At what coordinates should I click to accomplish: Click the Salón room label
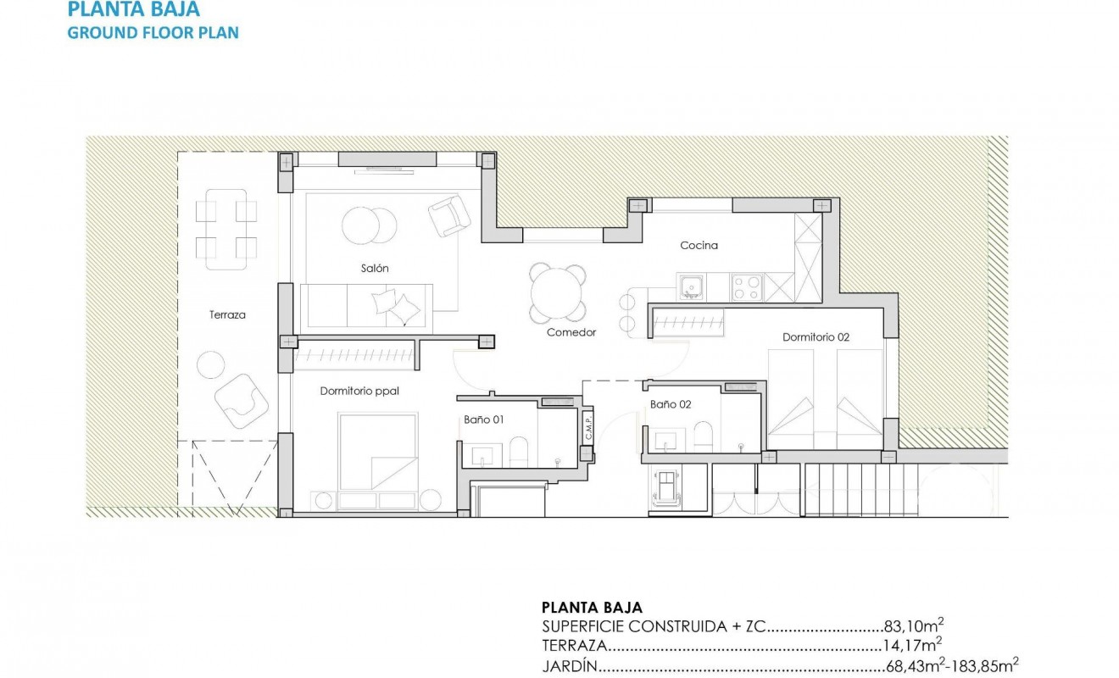click(375, 268)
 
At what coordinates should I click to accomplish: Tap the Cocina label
click(699, 246)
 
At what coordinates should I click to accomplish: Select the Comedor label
click(571, 332)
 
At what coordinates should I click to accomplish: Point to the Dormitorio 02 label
click(816, 337)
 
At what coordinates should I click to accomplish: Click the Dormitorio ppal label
click(359, 392)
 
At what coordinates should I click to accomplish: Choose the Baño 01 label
click(484, 419)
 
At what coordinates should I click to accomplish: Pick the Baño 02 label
click(671, 404)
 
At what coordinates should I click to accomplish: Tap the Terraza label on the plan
click(227, 314)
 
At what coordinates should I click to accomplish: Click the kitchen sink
click(692, 287)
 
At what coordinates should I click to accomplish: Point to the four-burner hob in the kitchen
click(747, 287)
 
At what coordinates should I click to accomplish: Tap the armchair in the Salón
click(449, 215)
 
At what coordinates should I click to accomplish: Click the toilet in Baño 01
click(520, 451)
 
